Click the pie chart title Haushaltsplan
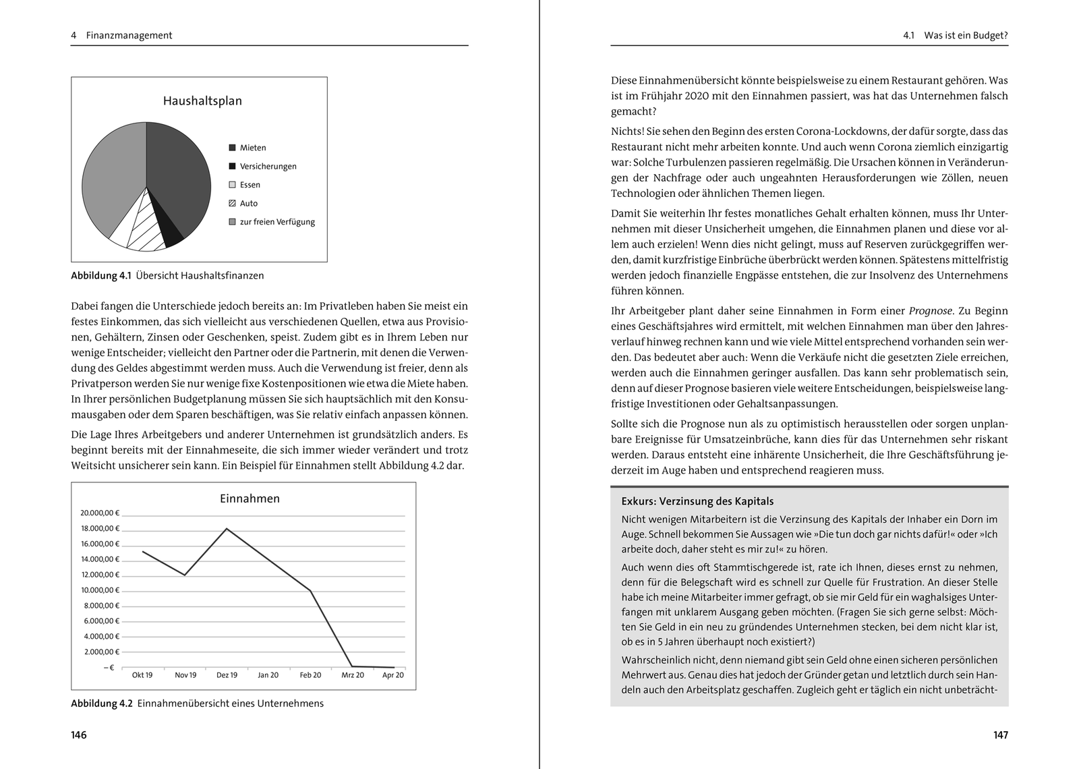tap(202, 101)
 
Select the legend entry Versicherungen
tap(268, 167)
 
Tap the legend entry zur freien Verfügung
tap(277, 222)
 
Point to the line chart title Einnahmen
tap(250, 499)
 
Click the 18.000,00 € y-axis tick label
tap(100, 529)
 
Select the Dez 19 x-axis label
tap(227, 675)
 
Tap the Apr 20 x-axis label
tap(393, 675)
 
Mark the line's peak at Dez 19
tap(227, 529)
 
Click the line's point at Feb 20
tap(310, 591)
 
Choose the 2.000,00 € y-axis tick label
tap(101, 652)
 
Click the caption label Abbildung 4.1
tap(100, 276)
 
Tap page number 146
tap(79, 735)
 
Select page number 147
tap(1000, 735)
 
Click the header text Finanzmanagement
tap(129, 36)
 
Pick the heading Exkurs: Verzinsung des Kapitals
tap(697, 502)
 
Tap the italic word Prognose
tap(931, 311)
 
